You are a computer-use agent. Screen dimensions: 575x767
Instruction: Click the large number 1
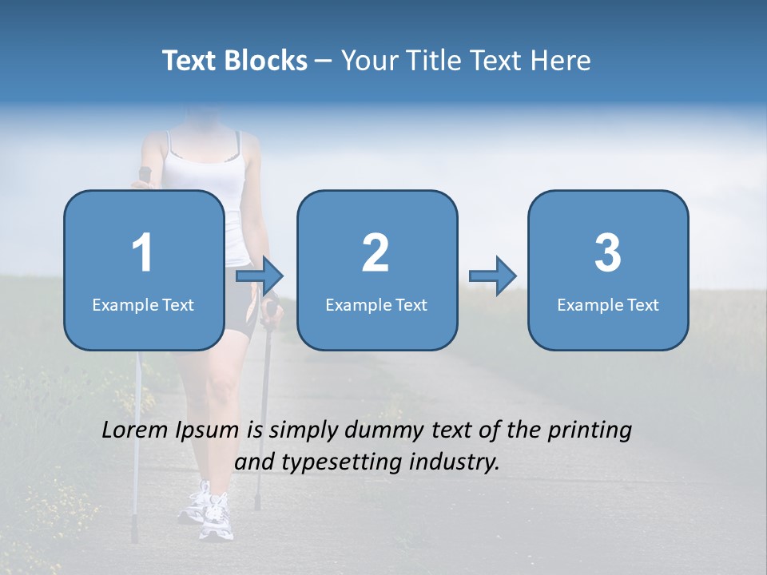[x=143, y=253]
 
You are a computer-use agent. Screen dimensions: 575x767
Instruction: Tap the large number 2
[x=376, y=253]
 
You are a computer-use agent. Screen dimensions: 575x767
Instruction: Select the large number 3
[x=608, y=253]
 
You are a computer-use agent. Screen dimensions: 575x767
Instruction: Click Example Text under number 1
[x=143, y=304]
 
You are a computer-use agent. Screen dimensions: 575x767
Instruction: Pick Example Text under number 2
[x=376, y=304]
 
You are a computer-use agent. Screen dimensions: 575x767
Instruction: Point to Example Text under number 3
[x=608, y=304]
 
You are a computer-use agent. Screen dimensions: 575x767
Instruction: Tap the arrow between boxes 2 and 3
[x=493, y=276]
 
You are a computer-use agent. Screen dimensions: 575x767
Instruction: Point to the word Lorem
[x=134, y=430]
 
